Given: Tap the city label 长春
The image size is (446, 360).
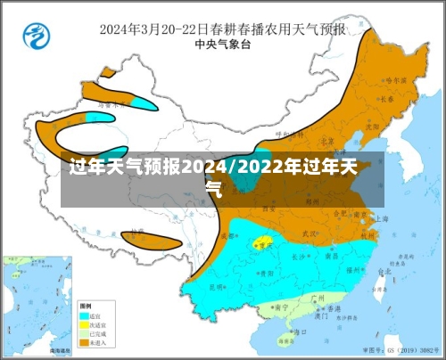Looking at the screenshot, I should (x=384, y=100).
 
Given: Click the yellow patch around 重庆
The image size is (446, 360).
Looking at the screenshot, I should (x=263, y=241).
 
